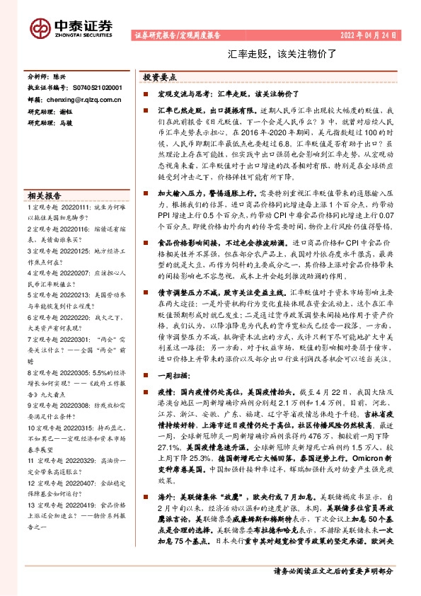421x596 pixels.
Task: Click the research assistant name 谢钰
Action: coord(66,112)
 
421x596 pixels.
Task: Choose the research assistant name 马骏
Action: coord(66,123)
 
